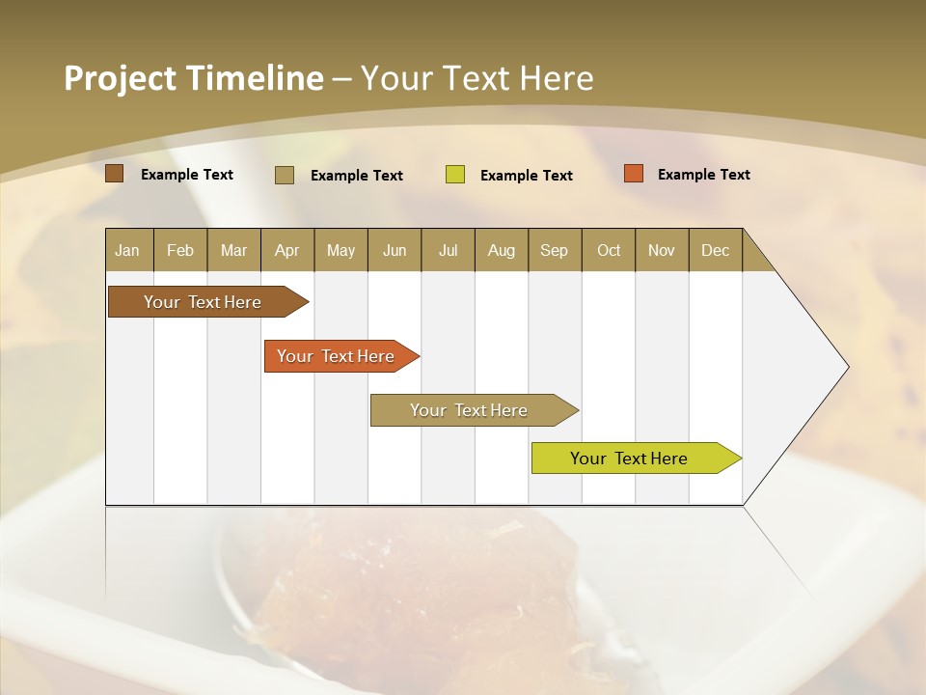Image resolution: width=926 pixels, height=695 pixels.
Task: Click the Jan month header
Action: pyautogui.click(x=128, y=250)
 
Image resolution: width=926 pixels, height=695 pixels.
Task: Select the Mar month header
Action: pyautogui.click(x=233, y=250)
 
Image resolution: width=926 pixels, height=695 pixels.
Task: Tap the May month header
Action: pyautogui.click(x=340, y=250)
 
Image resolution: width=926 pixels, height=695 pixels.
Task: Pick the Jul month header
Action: pyautogui.click(x=448, y=250)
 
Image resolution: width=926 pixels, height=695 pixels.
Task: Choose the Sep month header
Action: pyautogui.click(x=554, y=250)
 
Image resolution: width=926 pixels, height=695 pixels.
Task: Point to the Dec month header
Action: pyautogui.click(x=715, y=250)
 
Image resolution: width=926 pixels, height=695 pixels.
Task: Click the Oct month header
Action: pyautogui.click(x=608, y=250)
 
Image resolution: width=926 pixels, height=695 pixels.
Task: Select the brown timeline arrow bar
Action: pyautogui.click(x=204, y=302)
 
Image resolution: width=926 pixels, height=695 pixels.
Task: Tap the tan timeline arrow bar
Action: pyautogui.click(x=470, y=410)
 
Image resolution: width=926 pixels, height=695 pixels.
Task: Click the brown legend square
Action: pyautogui.click(x=115, y=174)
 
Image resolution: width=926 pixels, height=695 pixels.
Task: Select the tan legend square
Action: pyautogui.click(x=285, y=175)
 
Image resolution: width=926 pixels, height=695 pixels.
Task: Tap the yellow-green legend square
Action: pyautogui.click(x=455, y=175)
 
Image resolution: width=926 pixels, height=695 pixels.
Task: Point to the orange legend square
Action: pyautogui.click(x=634, y=174)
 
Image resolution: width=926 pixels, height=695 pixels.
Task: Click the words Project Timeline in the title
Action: pyautogui.click(x=193, y=78)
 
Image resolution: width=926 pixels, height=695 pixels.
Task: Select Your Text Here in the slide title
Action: pyautogui.click(x=477, y=78)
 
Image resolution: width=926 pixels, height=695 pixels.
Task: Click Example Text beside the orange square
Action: pyautogui.click(x=703, y=175)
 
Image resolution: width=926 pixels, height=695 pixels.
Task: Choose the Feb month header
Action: pyautogui.click(x=180, y=250)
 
